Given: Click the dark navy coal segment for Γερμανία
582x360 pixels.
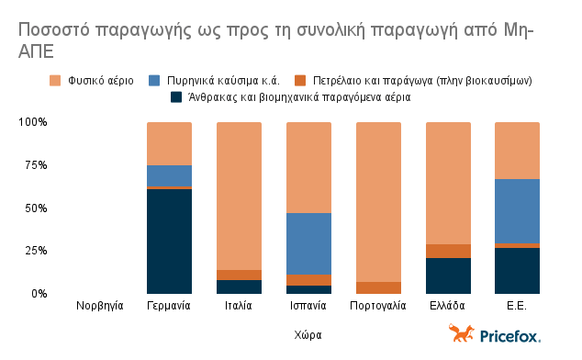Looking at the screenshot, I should tap(169, 241).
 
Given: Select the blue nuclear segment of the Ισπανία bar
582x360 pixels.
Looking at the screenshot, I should tap(308, 243).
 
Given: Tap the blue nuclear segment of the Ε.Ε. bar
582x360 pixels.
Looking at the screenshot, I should tap(517, 211).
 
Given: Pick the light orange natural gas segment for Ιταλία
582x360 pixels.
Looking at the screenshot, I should tap(239, 196).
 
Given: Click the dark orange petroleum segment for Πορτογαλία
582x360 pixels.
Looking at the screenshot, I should tap(377, 287).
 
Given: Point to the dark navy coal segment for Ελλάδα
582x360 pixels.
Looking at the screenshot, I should tap(447, 276).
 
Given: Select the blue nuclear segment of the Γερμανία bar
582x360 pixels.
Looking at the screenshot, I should tap(169, 175).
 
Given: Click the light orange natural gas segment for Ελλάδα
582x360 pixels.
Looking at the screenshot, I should tap(447, 183).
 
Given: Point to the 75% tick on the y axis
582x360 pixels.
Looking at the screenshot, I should tap(34, 165).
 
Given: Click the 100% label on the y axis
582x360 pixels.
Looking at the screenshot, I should tap(32, 122).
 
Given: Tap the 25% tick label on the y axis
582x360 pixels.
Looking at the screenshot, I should tap(34, 251).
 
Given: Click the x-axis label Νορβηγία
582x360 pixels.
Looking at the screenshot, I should tap(99, 306).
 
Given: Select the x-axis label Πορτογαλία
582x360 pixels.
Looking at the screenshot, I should tap(377, 306).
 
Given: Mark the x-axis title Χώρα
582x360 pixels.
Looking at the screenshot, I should tap(308, 335).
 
